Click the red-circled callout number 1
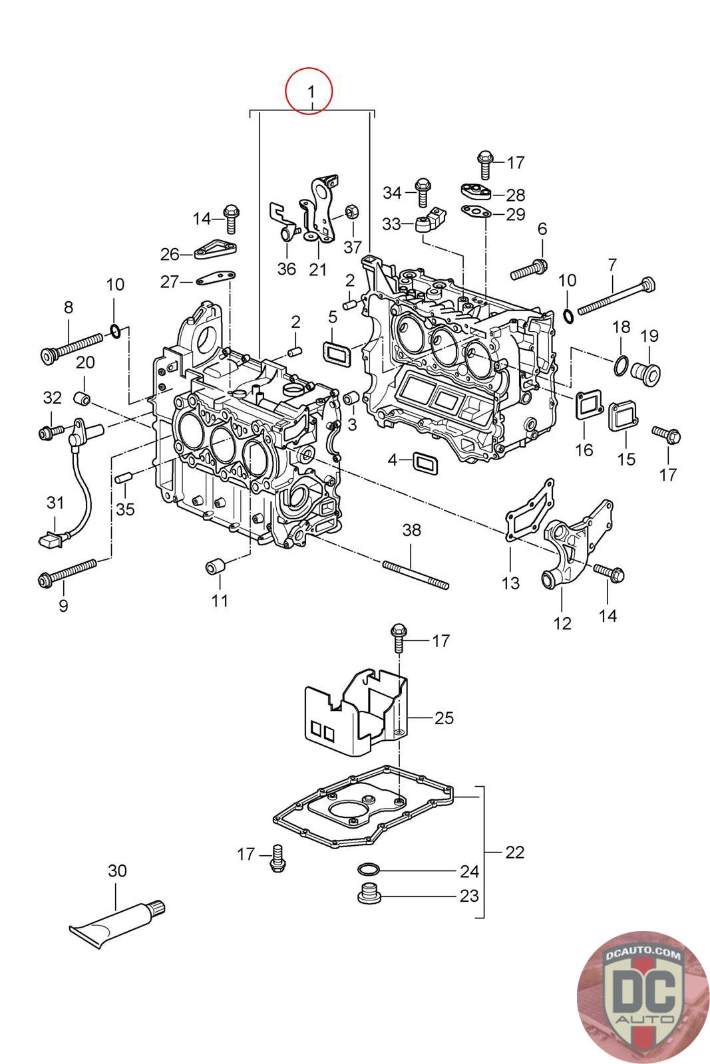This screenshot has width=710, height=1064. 309,90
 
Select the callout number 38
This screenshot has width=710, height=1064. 412,530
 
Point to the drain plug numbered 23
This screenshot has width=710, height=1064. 368,895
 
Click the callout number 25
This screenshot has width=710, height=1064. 444,718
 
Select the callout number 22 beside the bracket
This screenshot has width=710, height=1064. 514,852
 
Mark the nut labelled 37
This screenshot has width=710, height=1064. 352,213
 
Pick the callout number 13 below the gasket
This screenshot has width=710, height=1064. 510,583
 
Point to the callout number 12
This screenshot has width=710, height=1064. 562,623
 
